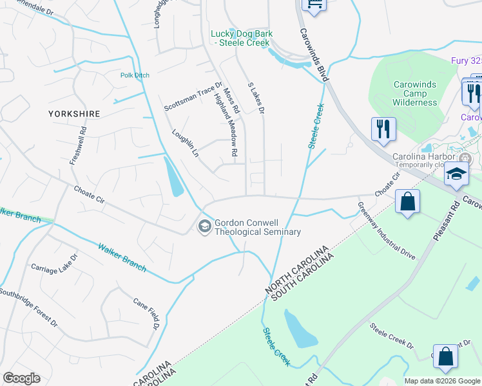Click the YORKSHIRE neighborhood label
[x=74, y=114]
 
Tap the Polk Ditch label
[x=135, y=75]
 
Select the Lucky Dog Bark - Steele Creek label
[x=242, y=38]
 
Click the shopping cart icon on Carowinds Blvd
[x=314, y=5]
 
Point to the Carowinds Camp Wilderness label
[x=415, y=93]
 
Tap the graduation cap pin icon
[x=456, y=175]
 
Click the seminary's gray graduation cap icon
[x=205, y=226]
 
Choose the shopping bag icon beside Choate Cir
[x=407, y=202]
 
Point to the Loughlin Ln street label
[x=184, y=143]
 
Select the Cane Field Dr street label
[x=146, y=314]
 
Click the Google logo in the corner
[x=21, y=378]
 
